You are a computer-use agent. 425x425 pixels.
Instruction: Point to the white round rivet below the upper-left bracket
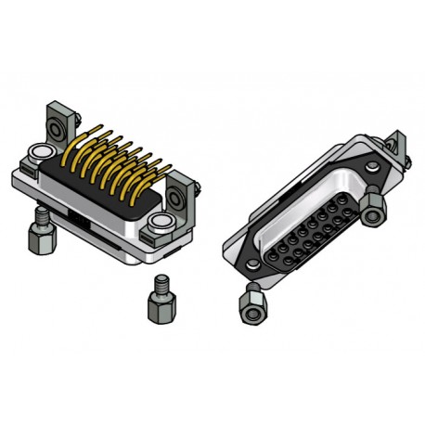click(41, 151)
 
